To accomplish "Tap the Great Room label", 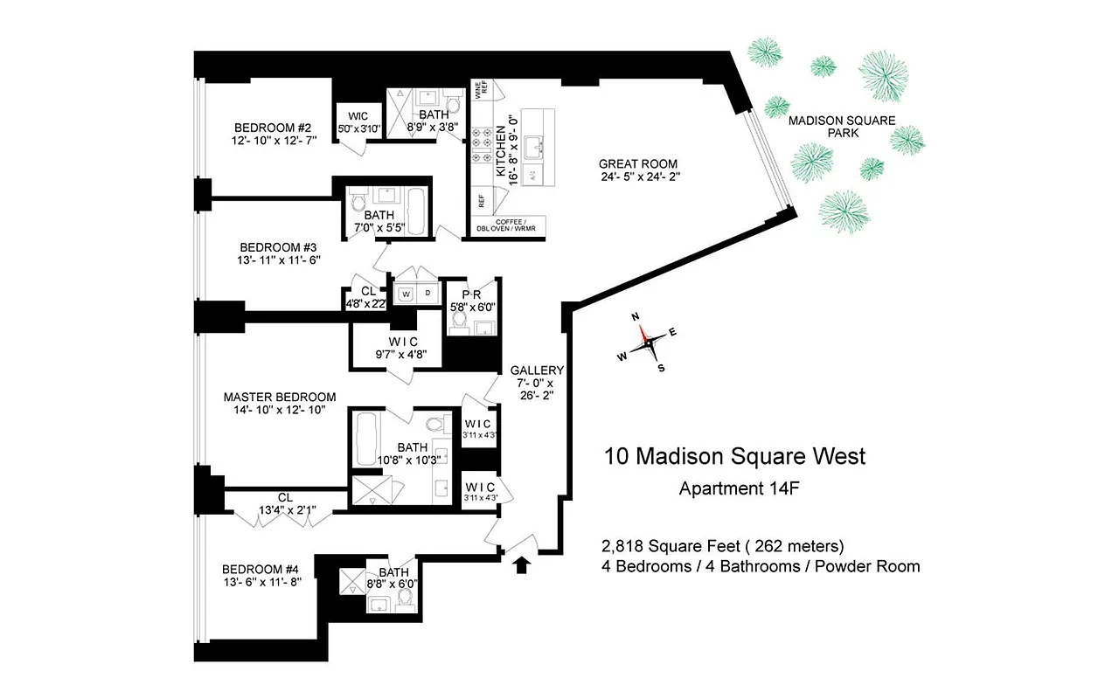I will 637,163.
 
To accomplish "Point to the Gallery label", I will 538,370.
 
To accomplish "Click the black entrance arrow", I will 522,565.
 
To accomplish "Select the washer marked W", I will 406,294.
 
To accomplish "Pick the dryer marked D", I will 427,294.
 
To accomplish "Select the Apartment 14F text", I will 740,488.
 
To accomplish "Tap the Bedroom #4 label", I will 261,568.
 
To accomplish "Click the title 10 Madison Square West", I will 734,455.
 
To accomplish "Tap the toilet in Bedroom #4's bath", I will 405,599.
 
